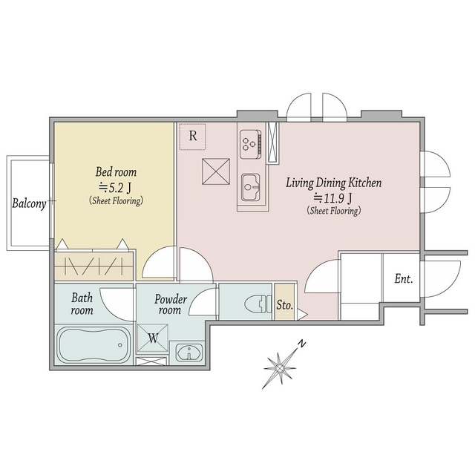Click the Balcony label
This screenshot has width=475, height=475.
[29, 203]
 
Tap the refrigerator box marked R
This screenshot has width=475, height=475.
[193, 137]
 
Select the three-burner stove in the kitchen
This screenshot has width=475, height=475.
[251, 144]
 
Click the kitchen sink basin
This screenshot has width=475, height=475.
[251, 187]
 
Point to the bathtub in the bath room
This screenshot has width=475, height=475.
[94, 344]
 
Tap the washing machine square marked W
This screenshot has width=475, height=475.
[153, 338]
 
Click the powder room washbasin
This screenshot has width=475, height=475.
[190, 353]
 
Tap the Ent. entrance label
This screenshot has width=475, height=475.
[404, 279]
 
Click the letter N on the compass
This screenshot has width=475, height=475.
[302, 344]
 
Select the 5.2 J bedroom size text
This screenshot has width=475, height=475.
[116, 189]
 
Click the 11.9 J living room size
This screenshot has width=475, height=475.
[333, 198]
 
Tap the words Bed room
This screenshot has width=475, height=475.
[116, 172]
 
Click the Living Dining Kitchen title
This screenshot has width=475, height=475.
[334, 183]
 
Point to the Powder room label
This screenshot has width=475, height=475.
[171, 304]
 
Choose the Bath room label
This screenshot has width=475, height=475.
[82, 304]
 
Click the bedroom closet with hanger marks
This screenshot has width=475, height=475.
[94, 266]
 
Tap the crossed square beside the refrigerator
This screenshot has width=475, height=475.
[216, 171]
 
